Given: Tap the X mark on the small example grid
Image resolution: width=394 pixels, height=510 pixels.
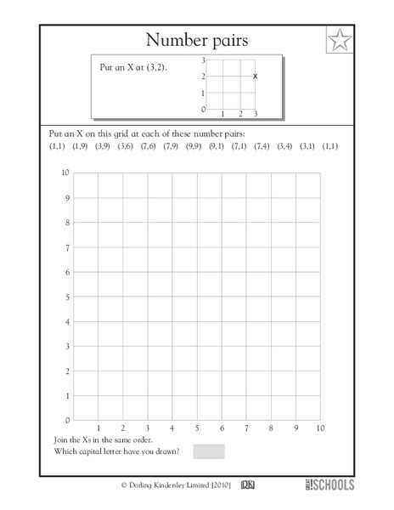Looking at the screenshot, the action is click(255, 76).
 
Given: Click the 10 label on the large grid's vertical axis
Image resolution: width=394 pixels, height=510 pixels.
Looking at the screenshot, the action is click(65, 173).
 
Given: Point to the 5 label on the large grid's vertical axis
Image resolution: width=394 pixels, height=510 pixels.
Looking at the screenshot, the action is click(66, 297).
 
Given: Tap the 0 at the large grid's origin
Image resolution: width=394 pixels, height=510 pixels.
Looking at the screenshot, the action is click(66, 420).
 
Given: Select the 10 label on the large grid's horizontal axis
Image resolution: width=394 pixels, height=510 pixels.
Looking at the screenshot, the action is click(320, 428).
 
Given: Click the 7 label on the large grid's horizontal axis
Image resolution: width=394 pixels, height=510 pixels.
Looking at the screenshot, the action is click(246, 428).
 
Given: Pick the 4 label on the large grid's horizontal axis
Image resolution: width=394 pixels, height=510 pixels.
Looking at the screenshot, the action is click(172, 428).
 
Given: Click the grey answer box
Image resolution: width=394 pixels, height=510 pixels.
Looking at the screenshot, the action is click(209, 450).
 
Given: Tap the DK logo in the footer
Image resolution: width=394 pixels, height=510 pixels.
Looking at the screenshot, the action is click(249, 485).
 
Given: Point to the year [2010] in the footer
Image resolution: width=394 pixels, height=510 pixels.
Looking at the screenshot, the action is click(217, 485).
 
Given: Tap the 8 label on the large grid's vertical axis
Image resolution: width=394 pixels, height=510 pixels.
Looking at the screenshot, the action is click(66, 223).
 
